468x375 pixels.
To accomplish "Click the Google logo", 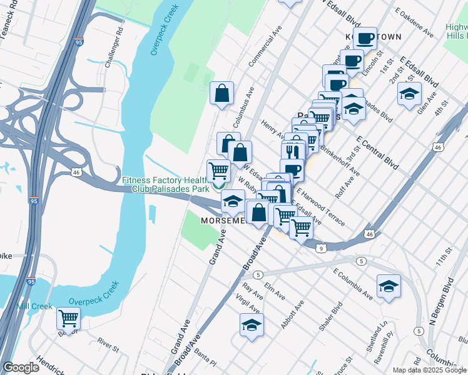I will click(21, 367).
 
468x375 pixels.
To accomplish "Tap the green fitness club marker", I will click(218, 186).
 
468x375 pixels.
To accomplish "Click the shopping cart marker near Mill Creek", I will click(68, 318).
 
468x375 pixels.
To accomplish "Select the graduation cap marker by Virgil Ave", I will click(252, 325).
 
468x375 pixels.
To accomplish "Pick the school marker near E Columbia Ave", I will click(389, 286).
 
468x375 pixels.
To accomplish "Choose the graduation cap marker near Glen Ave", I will click(409, 94).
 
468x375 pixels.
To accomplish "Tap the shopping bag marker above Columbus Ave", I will click(221, 94).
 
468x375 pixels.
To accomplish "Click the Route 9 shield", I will click(321, 248).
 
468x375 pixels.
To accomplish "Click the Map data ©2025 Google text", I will click(429, 369).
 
